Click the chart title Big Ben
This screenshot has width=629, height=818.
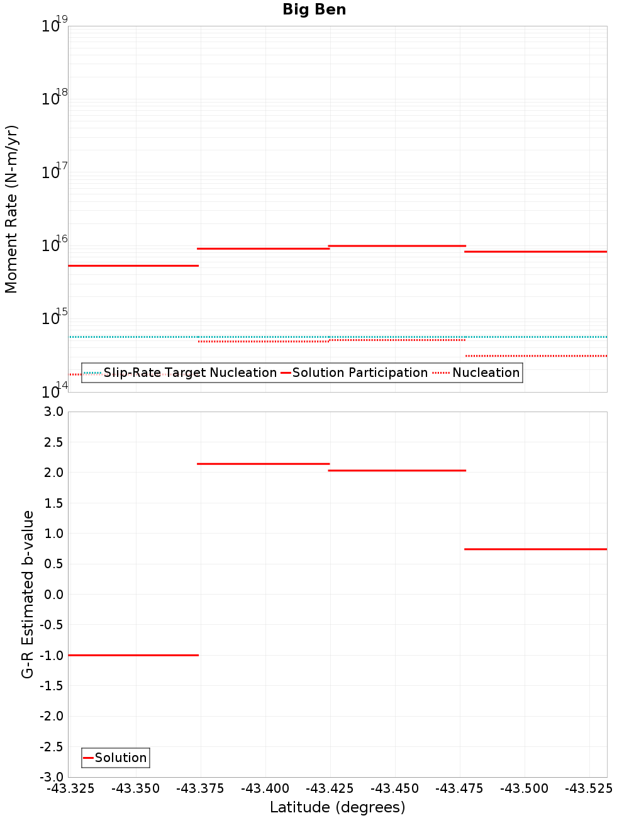(x=314, y=9)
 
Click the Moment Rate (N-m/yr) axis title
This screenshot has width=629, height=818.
(x=11, y=209)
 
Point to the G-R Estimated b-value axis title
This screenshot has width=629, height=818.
(x=28, y=594)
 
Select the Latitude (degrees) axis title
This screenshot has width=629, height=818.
(x=337, y=807)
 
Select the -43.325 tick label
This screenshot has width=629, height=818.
(x=71, y=788)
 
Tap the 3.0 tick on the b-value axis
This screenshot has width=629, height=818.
(x=53, y=412)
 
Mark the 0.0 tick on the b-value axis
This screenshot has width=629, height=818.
(x=53, y=595)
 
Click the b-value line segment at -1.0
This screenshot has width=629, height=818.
(x=133, y=655)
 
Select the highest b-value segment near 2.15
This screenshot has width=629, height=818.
(x=263, y=464)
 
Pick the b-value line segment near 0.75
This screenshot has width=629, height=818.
(x=535, y=549)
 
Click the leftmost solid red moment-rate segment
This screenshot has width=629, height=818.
(x=133, y=266)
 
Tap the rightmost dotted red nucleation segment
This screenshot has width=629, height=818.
(x=535, y=356)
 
